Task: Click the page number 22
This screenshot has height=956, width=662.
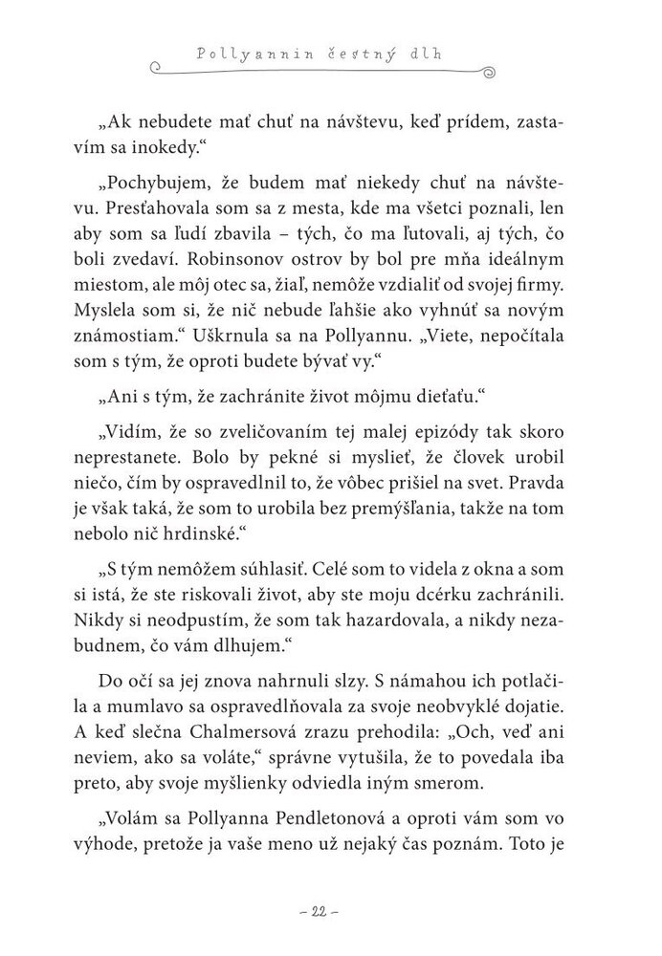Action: [330, 913]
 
